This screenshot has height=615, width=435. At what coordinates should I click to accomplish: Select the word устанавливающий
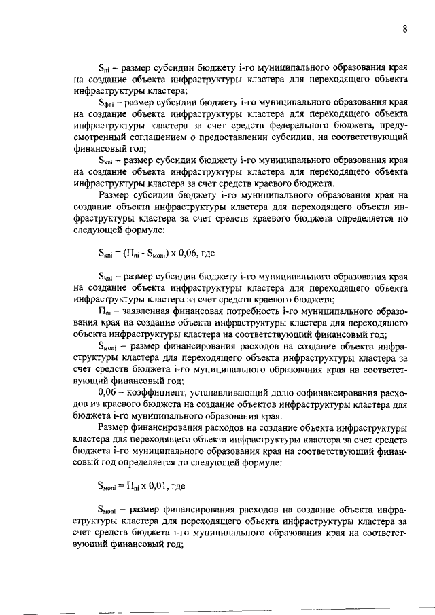click(242, 392)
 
